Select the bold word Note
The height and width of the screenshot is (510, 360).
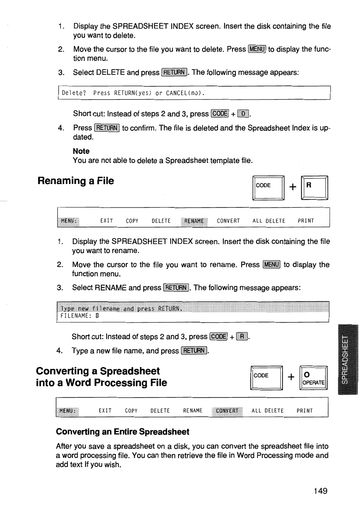81,151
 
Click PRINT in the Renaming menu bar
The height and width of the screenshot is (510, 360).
306,221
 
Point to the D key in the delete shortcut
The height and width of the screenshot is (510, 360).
242,114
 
